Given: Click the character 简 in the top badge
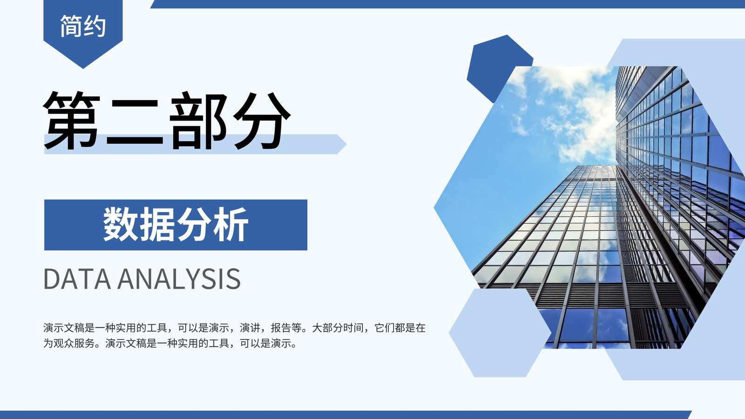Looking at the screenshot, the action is (x=71, y=26).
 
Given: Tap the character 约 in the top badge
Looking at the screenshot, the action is (x=95, y=26).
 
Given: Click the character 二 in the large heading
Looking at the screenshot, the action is (x=135, y=122).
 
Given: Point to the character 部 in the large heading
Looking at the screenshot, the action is (x=198, y=120).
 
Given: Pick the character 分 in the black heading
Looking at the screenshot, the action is (x=262, y=120).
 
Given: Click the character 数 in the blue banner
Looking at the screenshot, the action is (x=120, y=224).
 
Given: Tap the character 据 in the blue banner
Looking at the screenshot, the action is (x=157, y=224).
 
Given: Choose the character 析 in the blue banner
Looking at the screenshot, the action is (x=231, y=224).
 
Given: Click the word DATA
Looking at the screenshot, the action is (x=77, y=279).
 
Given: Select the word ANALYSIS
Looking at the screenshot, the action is (x=179, y=279).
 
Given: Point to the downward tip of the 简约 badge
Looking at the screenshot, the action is (x=83, y=68).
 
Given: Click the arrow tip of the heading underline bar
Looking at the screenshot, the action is (x=346, y=144).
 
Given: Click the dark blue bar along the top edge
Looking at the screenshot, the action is (x=447, y=4).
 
